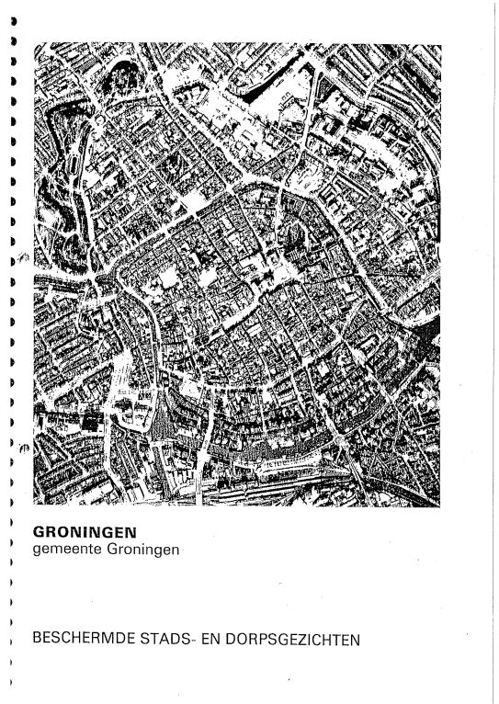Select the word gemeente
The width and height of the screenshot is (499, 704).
(x=65, y=549)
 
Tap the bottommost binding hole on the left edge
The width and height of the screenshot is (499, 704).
(x=10, y=683)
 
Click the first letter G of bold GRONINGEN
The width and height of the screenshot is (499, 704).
(x=39, y=530)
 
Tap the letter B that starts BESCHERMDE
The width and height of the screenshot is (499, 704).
(x=36, y=639)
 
